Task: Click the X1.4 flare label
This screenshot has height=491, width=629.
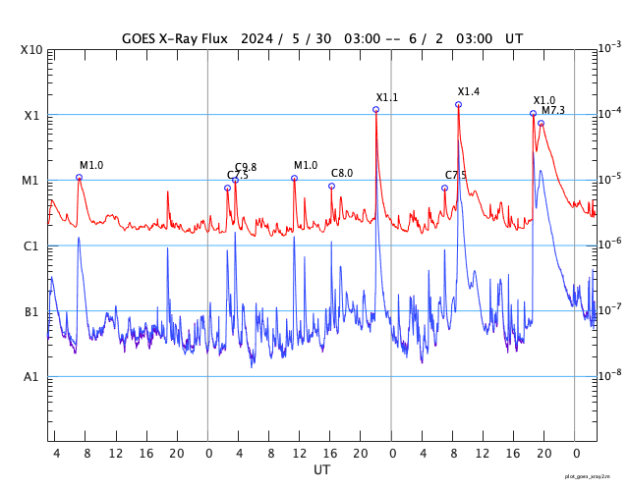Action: coord(469,91)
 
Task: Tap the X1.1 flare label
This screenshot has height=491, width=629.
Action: coord(387,97)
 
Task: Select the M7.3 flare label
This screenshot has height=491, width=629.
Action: coord(553,110)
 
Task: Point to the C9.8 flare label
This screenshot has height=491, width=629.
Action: coord(246,167)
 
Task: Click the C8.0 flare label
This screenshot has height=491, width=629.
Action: coord(342,173)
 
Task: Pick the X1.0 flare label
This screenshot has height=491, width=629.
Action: coord(544,100)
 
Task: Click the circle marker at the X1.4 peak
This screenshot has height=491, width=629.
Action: coord(458,104)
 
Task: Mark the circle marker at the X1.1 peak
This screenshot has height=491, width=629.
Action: coord(376,109)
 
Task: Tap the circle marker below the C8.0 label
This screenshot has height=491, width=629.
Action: coord(331,186)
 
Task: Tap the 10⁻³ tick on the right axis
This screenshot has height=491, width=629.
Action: coord(610,47)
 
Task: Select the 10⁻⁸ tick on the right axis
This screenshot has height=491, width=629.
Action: coord(610,375)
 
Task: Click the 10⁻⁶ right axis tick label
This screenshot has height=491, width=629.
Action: coord(610,244)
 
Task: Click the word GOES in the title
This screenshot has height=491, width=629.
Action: coord(140,38)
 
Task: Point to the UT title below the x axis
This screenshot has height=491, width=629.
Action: coord(322,469)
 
